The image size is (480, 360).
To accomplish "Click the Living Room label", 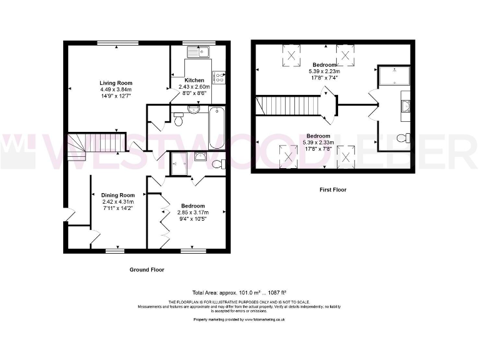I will [116, 82].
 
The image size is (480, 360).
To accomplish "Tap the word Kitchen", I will [194, 81].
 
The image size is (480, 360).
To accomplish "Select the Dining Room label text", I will [118, 195].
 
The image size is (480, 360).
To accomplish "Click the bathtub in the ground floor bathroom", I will [217, 127].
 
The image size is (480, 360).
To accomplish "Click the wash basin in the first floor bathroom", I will [405, 106].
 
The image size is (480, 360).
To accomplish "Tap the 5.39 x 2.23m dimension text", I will [325, 71].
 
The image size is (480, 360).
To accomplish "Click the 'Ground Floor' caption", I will [146, 269].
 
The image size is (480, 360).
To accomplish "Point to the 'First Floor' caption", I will [332, 189].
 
